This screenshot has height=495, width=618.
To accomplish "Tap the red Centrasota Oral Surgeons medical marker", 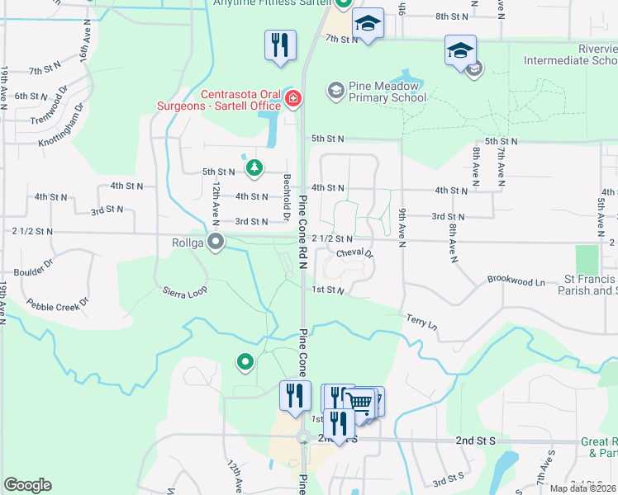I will point(292,100).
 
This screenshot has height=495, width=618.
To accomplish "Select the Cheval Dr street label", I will point(355,253).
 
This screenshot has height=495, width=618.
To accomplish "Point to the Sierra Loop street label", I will point(184,292).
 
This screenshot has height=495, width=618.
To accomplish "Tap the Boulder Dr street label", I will point(34,267).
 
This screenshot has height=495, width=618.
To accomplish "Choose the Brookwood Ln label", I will point(516,281).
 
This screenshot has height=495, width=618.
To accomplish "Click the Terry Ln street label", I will point(421,321).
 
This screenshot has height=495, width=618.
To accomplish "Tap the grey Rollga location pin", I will point(216,243).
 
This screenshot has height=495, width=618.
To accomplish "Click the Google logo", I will point(27,485).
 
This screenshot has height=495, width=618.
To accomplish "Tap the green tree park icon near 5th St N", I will point(255,168).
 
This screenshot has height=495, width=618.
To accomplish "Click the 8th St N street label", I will point(452,16).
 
